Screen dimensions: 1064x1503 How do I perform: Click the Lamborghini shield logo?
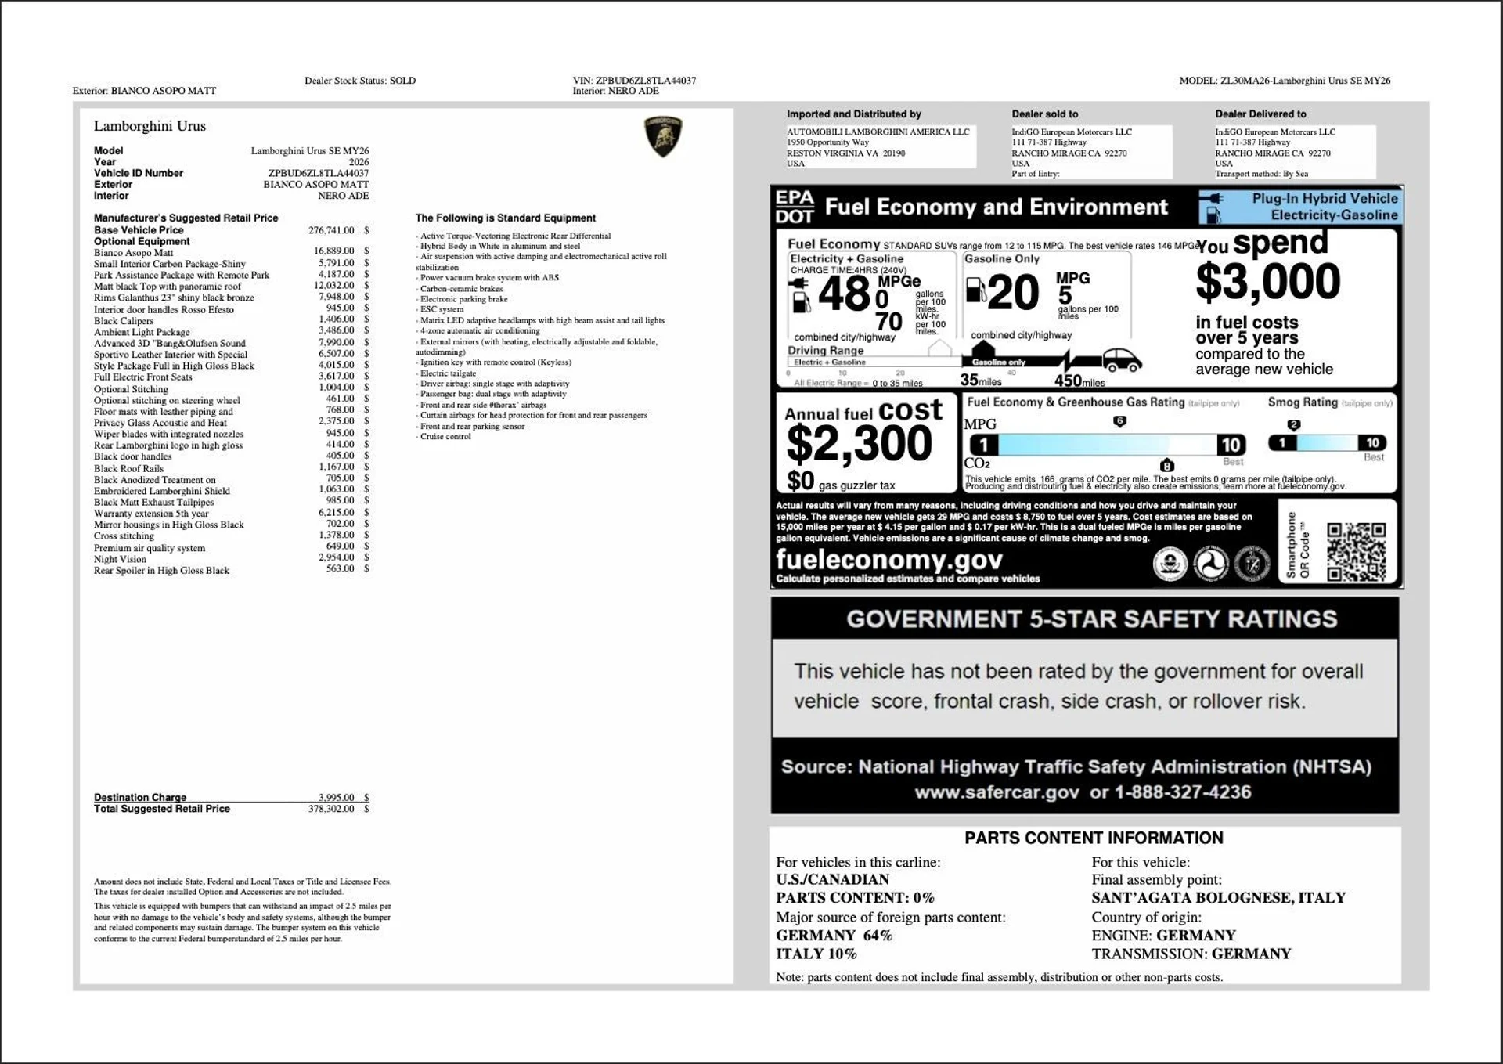662,136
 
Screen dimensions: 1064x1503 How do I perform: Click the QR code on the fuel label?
1356,552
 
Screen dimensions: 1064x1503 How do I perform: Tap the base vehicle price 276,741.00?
331,230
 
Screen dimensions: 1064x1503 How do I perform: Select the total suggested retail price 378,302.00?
331,809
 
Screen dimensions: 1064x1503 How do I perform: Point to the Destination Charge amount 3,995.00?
336,797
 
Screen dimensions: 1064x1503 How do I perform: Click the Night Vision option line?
120,559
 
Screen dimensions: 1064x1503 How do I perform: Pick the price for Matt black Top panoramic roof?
333,286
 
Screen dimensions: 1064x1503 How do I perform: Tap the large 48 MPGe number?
844,294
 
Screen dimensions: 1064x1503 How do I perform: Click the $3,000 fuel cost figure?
1267,282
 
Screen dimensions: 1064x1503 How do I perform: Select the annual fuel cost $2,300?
859,444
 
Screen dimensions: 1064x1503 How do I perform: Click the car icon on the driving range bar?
1122,360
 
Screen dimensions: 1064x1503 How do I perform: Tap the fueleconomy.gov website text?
888,560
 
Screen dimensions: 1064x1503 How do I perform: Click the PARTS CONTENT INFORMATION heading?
1093,838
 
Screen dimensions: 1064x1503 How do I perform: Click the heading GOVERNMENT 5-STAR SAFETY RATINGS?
1091,619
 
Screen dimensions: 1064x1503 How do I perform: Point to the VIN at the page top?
634,81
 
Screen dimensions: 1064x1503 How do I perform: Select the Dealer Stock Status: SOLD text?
360,81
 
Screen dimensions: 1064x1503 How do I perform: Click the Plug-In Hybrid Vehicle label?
1324,199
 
